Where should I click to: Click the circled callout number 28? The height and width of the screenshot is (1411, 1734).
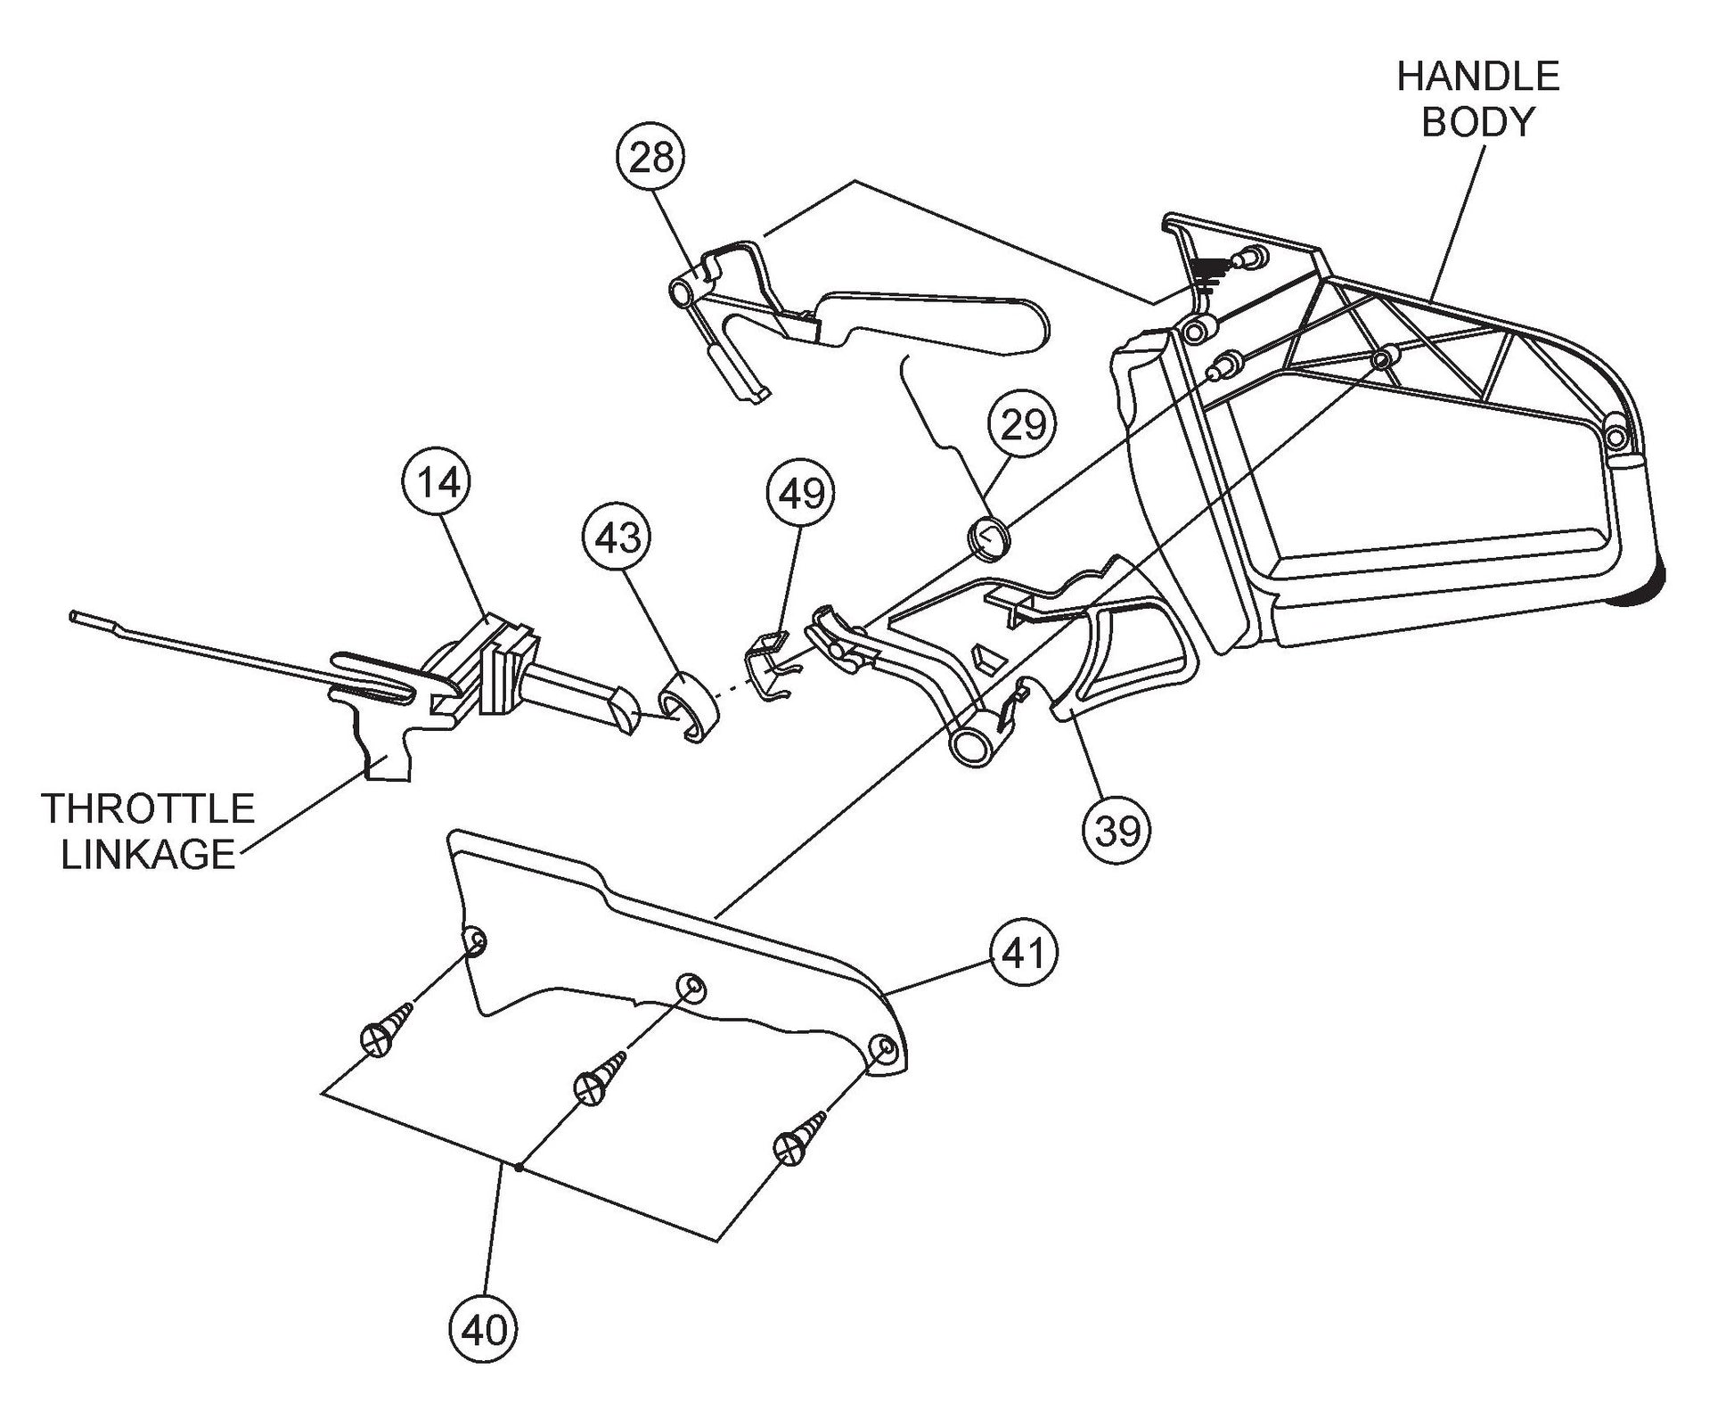tap(650, 158)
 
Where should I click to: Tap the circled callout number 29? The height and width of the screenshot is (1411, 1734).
tap(1022, 424)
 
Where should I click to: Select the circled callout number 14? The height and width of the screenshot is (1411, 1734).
tap(438, 481)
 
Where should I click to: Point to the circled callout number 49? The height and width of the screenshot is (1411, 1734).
tap(801, 492)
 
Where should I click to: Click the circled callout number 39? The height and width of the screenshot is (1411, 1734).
tap(1116, 831)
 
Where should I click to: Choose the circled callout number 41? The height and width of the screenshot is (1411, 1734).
tap(1022, 954)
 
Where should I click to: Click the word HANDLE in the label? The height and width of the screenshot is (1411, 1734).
tap(1477, 78)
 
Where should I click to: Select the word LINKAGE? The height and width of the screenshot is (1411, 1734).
tap(148, 855)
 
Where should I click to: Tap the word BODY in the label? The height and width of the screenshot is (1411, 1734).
tap(1477, 122)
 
